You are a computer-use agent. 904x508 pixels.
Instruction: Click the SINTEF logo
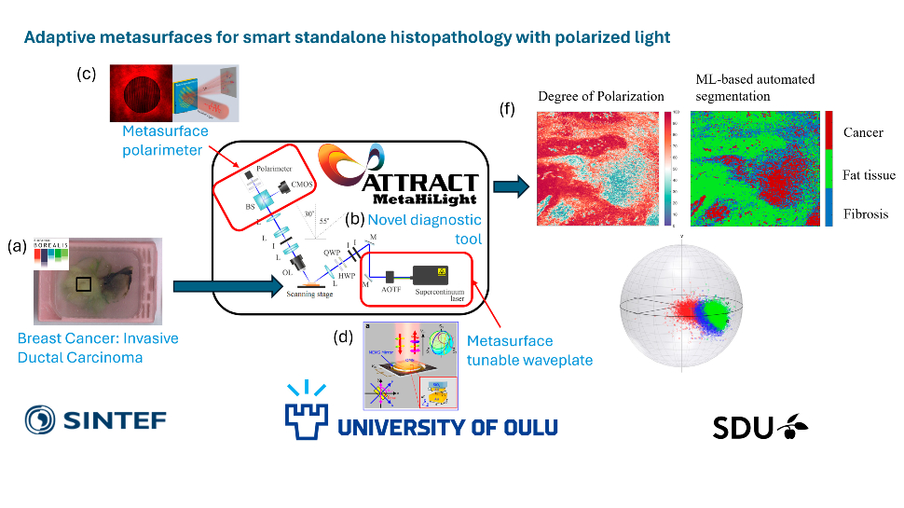(95, 421)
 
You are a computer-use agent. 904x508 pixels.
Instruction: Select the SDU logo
(760, 427)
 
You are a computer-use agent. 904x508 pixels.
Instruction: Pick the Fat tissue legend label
(869, 173)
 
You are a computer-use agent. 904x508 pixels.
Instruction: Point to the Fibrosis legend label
(865, 213)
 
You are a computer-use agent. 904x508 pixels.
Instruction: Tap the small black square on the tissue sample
(84, 284)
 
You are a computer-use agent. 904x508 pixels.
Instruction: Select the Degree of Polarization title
(601, 96)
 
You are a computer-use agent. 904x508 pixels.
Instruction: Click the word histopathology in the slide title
(421, 37)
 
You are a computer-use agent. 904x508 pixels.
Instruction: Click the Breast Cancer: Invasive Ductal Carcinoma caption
(97, 347)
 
